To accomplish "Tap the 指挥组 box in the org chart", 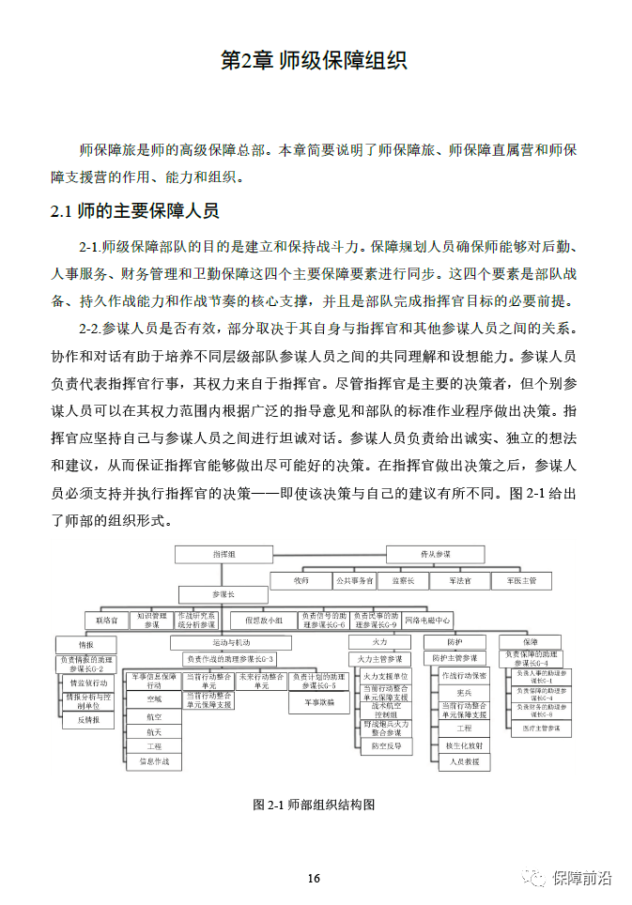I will coord(223,555).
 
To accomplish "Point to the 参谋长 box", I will coord(223,593).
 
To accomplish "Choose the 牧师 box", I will coord(301,581).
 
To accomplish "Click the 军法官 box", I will coord(460,581).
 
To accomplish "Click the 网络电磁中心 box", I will coord(427,621).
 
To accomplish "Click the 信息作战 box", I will coord(154,761).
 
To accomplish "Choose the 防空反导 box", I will coord(386,746).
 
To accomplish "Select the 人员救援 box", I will coord(464,761).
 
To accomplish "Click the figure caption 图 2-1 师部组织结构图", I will coord(315,805).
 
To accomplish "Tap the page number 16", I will coord(314,879).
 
